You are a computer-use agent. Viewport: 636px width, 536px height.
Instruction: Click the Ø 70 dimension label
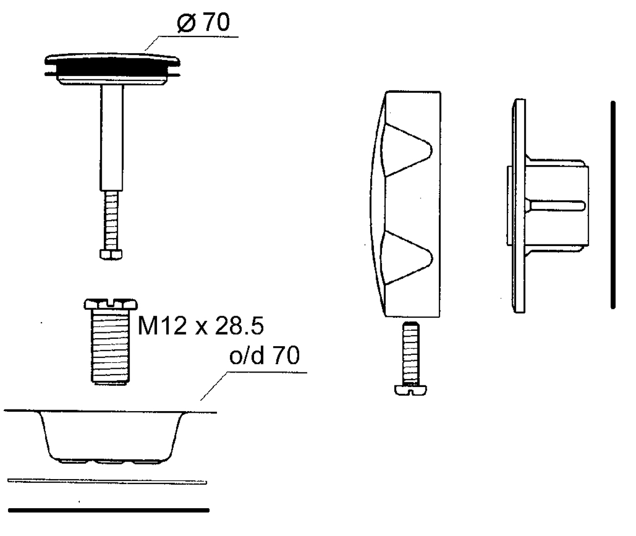point(203,22)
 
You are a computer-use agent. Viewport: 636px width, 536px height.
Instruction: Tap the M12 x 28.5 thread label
point(201,325)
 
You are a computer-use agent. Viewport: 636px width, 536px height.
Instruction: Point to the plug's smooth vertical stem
point(111,137)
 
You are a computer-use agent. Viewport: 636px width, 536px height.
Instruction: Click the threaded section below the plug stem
point(111,220)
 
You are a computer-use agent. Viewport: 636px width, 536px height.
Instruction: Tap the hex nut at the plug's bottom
point(111,255)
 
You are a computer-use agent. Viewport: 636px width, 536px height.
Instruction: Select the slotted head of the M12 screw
point(111,304)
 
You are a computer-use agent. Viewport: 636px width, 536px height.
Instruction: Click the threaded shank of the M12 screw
point(110,346)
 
